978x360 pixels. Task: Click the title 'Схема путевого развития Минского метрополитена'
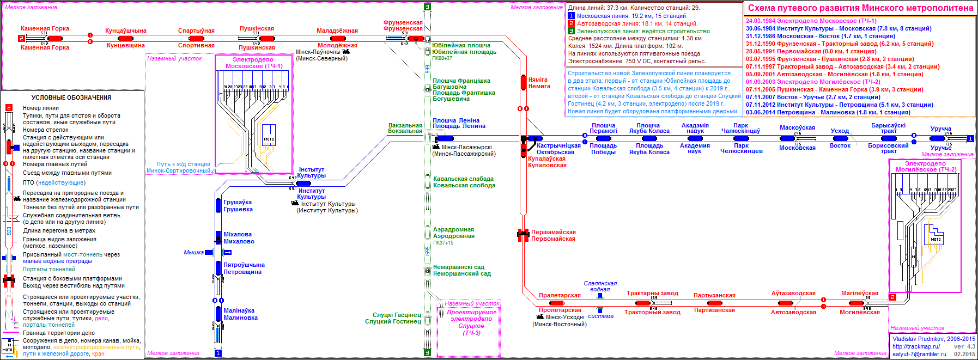(x=860, y=8)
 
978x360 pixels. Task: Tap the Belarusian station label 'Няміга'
(x=538, y=80)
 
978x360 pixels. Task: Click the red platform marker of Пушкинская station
(x=266, y=38)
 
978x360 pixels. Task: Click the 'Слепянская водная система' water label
(x=600, y=286)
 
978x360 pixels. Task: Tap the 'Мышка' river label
(x=193, y=252)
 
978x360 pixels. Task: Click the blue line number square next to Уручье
(x=970, y=138)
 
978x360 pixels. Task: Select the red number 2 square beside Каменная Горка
(x=21, y=38)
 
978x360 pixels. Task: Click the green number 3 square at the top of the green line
(x=427, y=7)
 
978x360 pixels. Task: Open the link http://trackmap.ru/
(x=916, y=346)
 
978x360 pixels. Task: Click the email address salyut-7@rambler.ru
(x=919, y=354)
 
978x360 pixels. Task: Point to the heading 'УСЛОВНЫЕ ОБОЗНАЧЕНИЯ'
(x=71, y=97)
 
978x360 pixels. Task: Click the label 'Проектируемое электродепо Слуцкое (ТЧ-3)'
(x=471, y=322)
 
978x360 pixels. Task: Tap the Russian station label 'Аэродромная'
(x=454, y=236)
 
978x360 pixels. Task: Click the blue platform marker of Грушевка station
(x=218, y=205)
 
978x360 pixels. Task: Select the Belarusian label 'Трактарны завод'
(x=652, y=293)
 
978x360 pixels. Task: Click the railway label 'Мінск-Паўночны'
(x=318, y=52)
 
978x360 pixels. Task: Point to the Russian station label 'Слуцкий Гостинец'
(x=393, y=321)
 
